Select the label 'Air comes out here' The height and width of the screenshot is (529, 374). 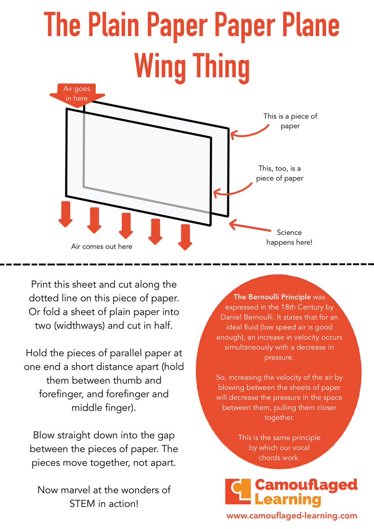coord(101,246)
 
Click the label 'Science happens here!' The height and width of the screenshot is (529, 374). coord(289,237)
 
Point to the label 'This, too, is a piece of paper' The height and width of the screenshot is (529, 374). coord(280,173)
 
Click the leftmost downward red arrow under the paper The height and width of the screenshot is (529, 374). coord(66,214)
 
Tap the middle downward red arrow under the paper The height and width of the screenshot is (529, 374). coord(125,225)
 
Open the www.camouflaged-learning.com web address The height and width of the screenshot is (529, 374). coord(292,515)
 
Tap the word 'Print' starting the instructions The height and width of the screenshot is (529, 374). coord(44,284)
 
